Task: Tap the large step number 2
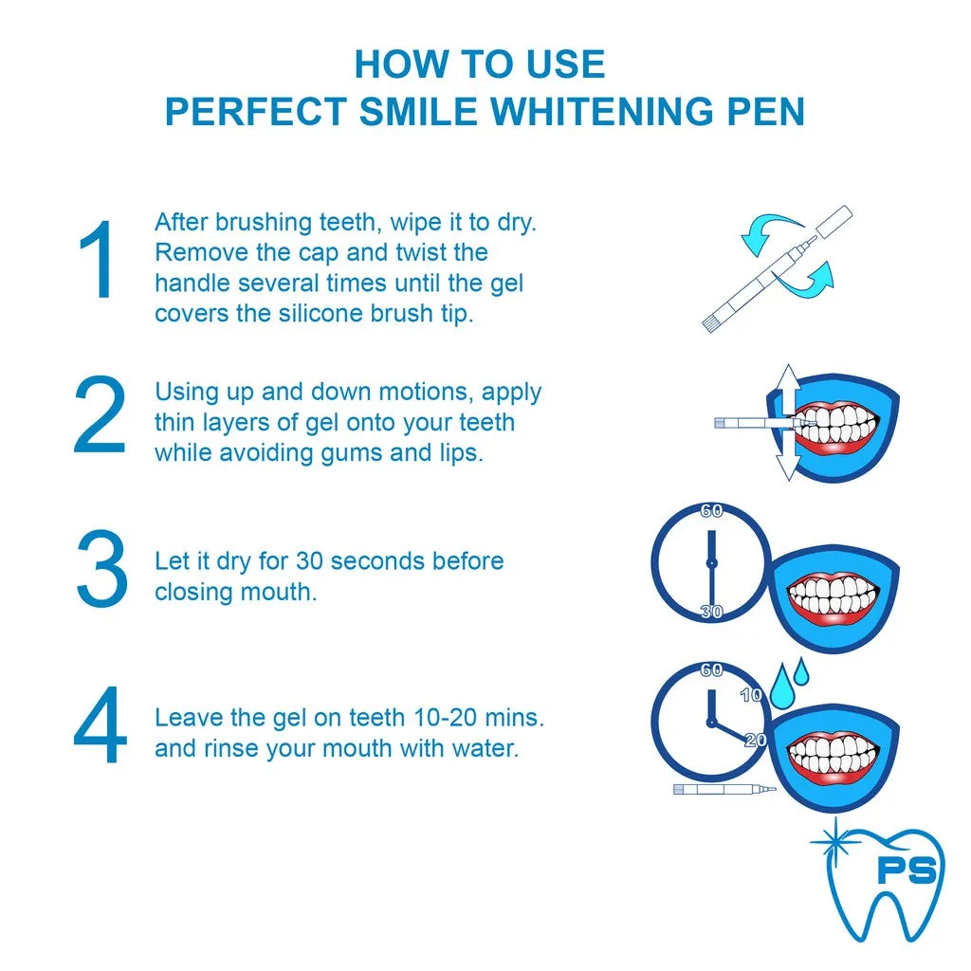[99, 414]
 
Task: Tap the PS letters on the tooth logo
[906, 870]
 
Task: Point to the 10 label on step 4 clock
[751, 695]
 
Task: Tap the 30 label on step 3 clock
[711, 612]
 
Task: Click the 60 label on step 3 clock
[711, 511]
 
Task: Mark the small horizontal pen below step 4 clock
[724, 789]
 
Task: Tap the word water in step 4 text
[482, 748]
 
